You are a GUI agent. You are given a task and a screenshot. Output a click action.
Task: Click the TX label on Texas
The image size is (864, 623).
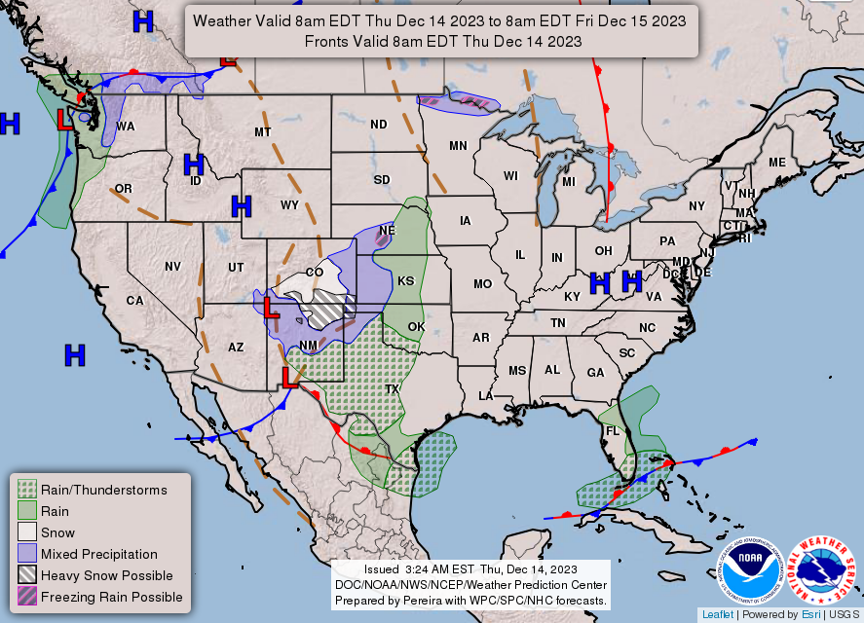(x=393, y=388)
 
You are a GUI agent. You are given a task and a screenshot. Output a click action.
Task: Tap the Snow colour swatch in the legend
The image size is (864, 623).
(x=27, y=532)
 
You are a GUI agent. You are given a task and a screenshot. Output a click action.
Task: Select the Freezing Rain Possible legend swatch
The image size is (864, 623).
(x=27, y=597)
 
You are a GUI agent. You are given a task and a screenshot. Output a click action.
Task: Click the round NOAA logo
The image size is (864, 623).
(x=751, y=570)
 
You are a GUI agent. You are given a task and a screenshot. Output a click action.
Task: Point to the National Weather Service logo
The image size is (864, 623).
(x=823, y=570)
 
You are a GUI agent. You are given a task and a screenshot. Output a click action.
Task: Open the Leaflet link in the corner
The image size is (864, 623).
(x=718, y=614)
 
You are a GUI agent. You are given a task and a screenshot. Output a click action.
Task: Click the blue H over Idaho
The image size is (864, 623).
(x=194, y=165)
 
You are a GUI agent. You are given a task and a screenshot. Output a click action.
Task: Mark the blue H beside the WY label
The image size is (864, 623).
(x=242, y=205)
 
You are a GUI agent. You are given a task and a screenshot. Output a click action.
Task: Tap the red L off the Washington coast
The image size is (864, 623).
(x=63, y=121)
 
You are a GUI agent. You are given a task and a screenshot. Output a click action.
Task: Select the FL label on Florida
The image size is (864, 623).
(x=613, y=430)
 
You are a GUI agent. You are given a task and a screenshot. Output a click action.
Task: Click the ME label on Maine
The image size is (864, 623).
(x=776, y=163)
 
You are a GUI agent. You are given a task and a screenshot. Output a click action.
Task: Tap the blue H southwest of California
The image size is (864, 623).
(x=75, y=355)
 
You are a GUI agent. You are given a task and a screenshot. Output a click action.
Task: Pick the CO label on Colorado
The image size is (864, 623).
(x=315, y=272)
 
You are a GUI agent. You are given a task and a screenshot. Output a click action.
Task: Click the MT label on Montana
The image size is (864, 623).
(x=262, y=131)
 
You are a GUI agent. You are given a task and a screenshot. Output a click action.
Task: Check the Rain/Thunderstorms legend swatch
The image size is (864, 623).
(x=27, y=490)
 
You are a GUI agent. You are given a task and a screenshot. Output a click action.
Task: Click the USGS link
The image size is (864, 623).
(x=844, y=614)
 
